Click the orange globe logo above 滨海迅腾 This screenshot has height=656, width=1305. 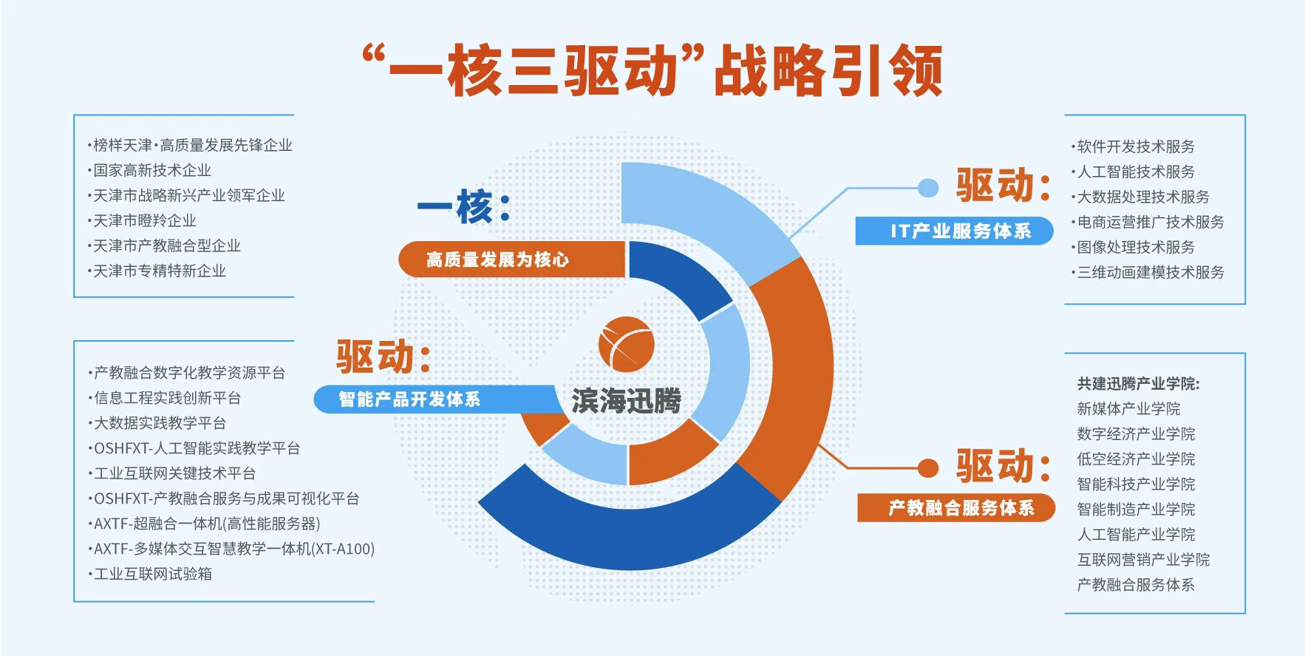[626, 344]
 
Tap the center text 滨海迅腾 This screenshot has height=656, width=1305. [627, 401]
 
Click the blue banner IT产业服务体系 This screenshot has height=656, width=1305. [954, 231]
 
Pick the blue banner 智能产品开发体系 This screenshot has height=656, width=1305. [436, 399]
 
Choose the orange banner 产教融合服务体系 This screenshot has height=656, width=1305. [956, 508]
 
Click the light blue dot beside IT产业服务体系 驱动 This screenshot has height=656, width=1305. [928, 188]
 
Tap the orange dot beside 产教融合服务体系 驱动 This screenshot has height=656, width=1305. [928, 468]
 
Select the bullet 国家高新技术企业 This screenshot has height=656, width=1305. [149, 171]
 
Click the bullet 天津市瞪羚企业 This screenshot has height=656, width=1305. [142, 221]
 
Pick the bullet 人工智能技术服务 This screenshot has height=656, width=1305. [1134, 172]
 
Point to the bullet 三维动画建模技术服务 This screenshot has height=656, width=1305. [1148, 273]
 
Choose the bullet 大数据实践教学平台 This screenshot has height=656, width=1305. [157, 423]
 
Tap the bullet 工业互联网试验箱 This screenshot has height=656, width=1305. [150, 574]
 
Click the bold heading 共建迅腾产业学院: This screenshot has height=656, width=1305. [1139, 384]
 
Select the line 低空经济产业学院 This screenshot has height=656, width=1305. [1136, 459]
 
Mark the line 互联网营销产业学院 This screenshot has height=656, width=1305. [1143, 560]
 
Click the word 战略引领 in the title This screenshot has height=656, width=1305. [828, 71]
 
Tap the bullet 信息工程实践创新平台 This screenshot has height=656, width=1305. [165, 398]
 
